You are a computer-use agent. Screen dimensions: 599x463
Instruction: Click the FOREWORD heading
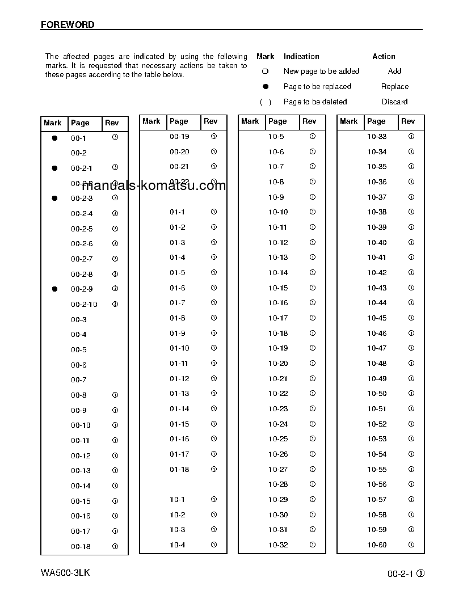[68, 24]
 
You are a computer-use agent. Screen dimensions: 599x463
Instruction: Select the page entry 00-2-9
[82, 289]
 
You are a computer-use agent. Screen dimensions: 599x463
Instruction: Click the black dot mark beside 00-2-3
[54, 199]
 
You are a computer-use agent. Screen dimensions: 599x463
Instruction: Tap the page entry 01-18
[179, 470]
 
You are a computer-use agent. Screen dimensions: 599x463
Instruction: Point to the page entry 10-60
[377, 545]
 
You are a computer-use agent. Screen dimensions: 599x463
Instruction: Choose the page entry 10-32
[278, 545]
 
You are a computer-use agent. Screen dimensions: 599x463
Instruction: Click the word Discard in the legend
[394, 102]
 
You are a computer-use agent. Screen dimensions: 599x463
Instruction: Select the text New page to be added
[321, 71]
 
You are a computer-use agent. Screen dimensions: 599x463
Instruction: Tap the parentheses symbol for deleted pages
[266, 102]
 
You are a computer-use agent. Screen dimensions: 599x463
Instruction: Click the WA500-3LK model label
[65, 572]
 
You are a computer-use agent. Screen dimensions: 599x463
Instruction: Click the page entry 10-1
[177, 500]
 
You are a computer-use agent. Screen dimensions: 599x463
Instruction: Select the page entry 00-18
[81, 547]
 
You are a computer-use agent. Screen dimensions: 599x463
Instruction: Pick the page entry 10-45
[377, 318]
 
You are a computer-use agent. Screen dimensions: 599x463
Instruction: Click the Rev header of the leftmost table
[112, 123]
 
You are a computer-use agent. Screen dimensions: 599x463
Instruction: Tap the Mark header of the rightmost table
[348, 121]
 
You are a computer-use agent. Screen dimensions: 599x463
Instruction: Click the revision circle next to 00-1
[115, 137]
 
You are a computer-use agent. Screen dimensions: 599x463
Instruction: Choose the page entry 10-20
[278, 364]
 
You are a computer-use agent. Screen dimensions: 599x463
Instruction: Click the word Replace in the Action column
[394, 87]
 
